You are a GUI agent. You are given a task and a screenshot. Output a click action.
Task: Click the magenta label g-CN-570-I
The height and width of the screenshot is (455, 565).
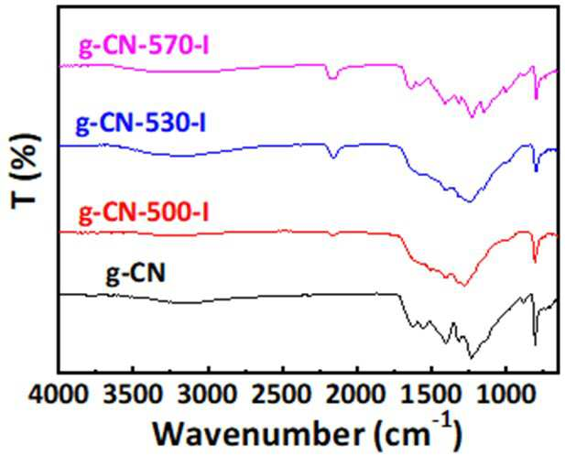pos(144,47)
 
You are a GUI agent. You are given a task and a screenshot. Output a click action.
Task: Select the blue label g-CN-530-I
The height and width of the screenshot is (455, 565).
pos(140,124)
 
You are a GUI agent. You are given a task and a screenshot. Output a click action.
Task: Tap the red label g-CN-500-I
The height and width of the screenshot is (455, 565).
pos(144,212)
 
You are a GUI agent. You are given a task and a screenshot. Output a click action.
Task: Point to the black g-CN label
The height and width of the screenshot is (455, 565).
pos(136,274)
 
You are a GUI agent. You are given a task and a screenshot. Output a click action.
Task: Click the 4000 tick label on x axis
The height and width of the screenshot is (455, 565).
pos(59,395)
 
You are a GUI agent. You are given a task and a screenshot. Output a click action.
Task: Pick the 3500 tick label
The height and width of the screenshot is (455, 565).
pos(134,395)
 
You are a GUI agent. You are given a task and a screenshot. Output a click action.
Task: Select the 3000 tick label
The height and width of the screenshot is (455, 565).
pos(208,395)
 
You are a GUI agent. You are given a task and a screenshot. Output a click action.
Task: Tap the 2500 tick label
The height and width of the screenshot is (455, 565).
pos(282,395)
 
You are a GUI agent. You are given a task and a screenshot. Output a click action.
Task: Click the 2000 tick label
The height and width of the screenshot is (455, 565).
pos(357,395)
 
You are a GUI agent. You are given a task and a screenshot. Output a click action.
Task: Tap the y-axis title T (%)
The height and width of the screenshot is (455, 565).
pos(25,171)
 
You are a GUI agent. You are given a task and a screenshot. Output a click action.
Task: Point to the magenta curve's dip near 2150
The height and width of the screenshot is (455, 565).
pos(331,78)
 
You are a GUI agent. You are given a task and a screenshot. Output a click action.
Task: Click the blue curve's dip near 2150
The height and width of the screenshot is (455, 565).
pos(333,157)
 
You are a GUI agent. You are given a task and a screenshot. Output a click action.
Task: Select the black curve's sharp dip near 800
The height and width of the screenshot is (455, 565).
pos(535,345)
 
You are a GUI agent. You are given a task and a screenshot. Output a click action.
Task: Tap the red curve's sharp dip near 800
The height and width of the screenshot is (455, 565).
pos(535,262)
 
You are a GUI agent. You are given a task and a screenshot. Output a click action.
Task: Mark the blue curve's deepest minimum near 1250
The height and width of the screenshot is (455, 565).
pos(469,201)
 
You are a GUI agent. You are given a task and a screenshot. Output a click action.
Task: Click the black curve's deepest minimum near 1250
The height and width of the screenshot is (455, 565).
pos(471,358)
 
